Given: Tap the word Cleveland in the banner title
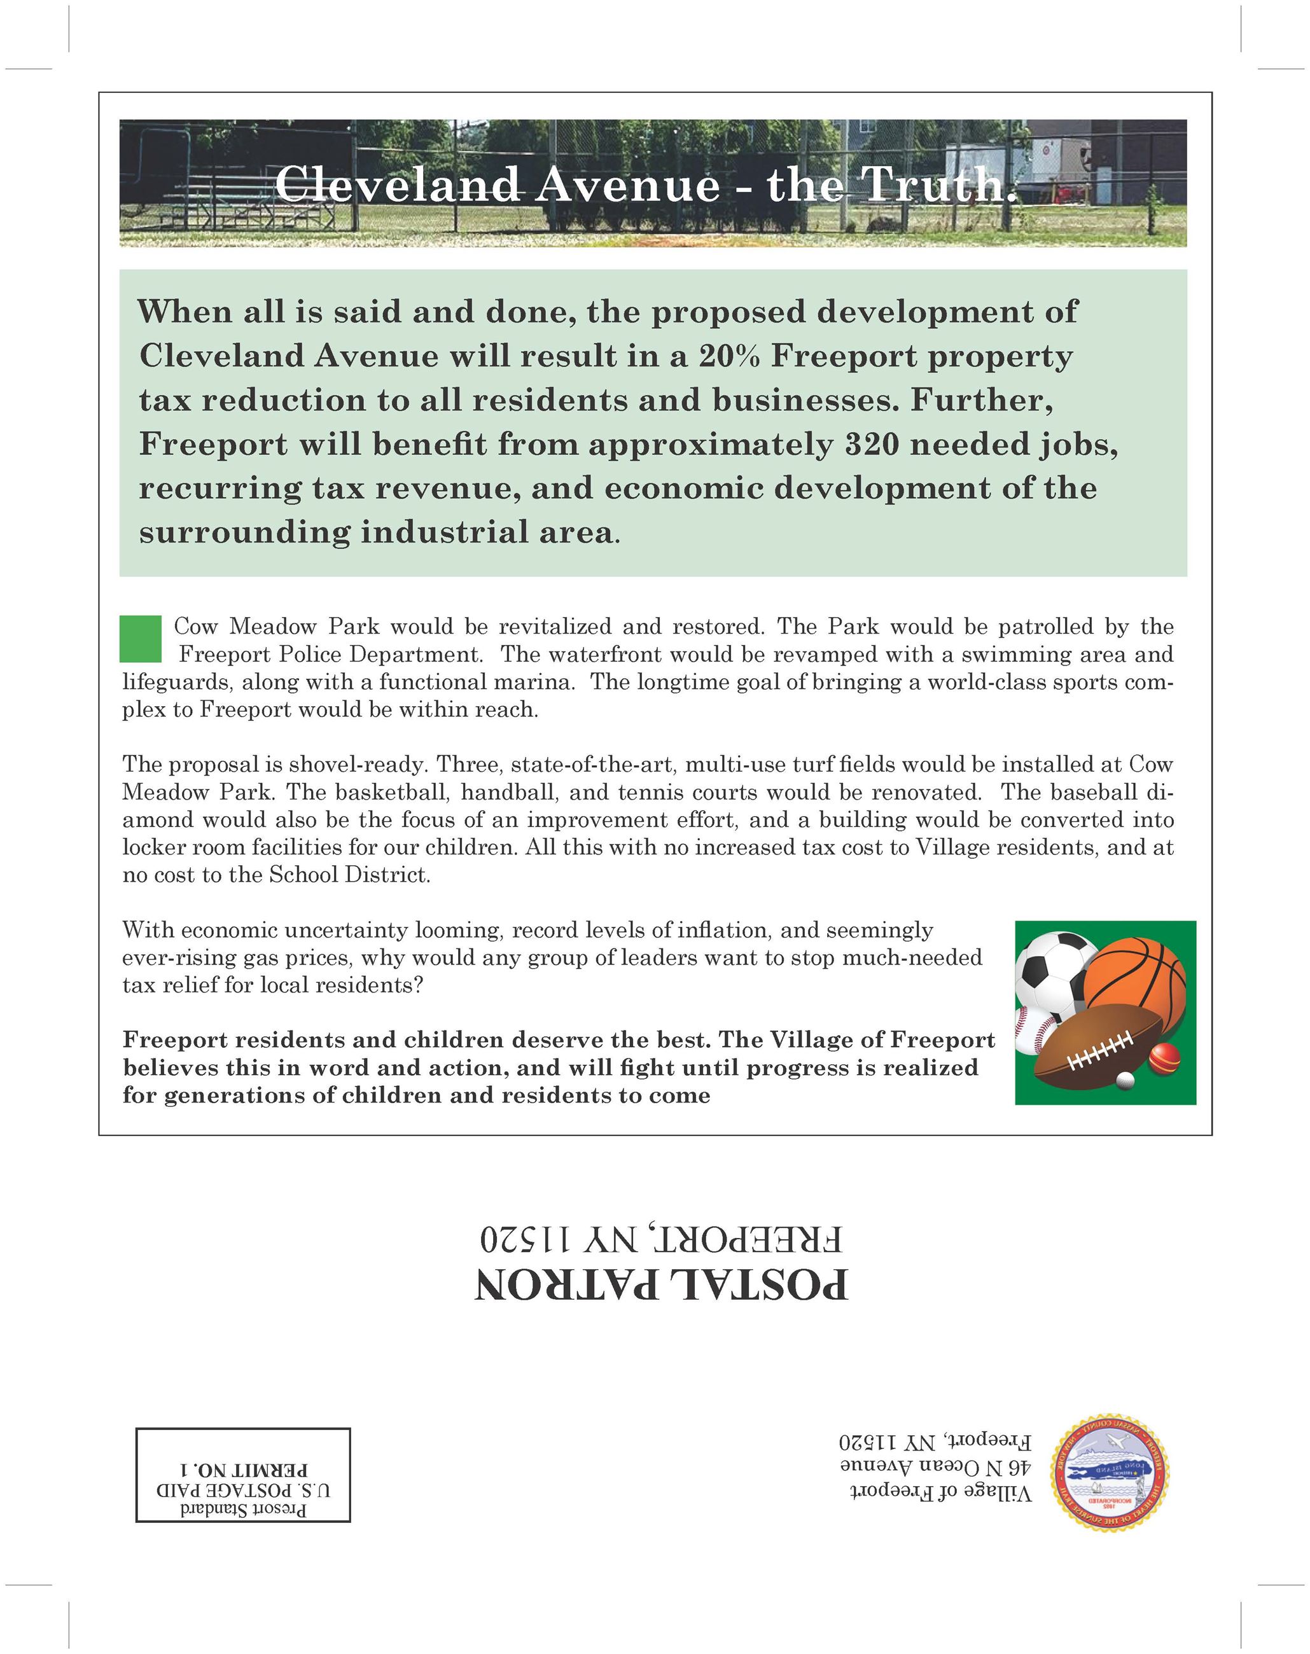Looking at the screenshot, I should point(397,184).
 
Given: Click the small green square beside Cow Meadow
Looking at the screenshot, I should point(141,638).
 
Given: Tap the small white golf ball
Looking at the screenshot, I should point(1125,1081).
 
